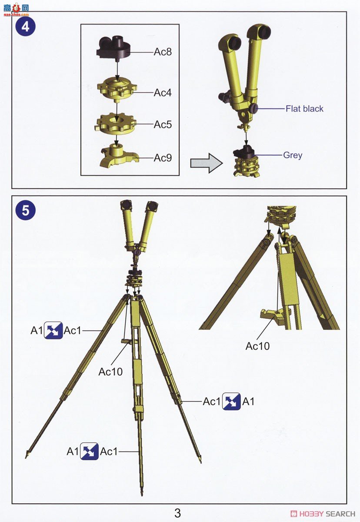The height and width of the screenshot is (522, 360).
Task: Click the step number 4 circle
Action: click(x=25, y=27)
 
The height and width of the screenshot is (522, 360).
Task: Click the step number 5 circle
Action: click(x=25, y=211)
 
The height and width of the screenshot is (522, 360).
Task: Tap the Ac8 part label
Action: click(x=163, y=52)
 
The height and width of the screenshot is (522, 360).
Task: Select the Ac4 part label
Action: click(x=163, y=93)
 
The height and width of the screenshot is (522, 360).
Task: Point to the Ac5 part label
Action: click(x=163, y=124)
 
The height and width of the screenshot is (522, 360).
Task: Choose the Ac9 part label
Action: click(x=163, y=158)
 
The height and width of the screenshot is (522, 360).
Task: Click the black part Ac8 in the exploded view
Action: click(x=113, y=48)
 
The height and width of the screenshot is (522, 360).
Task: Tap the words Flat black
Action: click(x=304, y=109)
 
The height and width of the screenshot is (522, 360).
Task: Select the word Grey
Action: click(x=293, y=155)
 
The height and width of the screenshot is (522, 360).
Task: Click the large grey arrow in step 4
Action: click(x=206, y=163)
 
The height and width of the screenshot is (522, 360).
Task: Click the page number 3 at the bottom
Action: click(x=177, y=513)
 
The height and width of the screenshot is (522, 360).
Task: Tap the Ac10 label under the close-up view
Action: click(x=257, y=346)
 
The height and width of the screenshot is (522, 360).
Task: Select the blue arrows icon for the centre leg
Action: click(x=89, y=452)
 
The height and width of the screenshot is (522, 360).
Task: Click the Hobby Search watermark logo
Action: click(x=323, y=514)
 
